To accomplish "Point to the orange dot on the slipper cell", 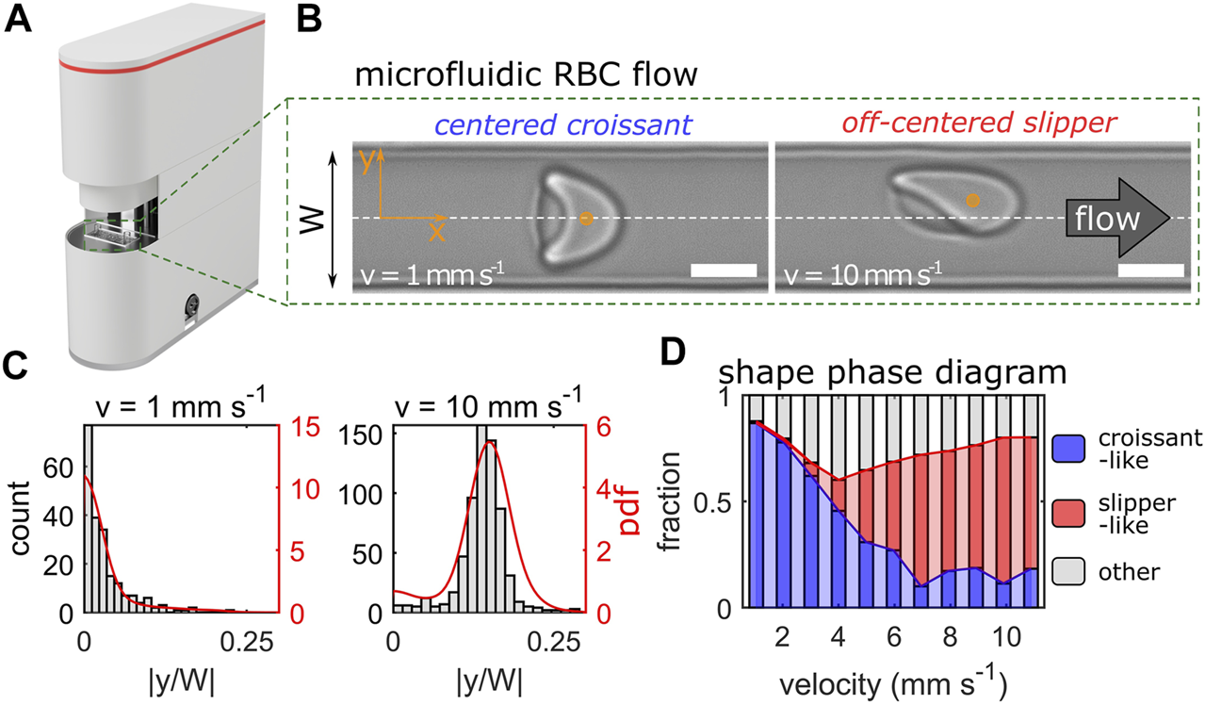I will tap(972, 200).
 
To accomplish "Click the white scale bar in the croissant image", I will tap(724, 271).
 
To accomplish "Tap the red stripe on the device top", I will tap(160, 67).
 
